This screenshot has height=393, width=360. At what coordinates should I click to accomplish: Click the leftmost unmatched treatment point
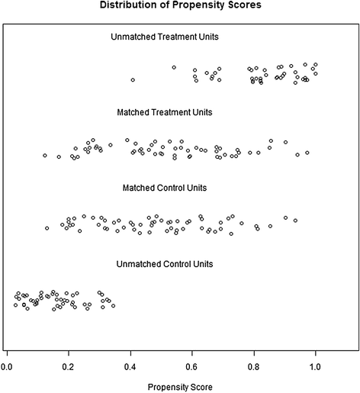tap(133, 79)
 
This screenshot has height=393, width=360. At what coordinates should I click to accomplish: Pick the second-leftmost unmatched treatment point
tap(174, 67)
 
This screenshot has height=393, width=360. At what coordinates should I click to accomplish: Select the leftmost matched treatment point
tap(45, 155)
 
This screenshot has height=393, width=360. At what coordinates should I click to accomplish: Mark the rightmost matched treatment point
tap(307, 153)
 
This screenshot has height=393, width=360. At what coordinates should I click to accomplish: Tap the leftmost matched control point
tap(47, 227)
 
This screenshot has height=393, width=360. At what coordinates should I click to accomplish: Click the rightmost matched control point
tap(295, 221)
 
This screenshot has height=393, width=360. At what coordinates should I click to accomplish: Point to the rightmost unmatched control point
tap(113, 305)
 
